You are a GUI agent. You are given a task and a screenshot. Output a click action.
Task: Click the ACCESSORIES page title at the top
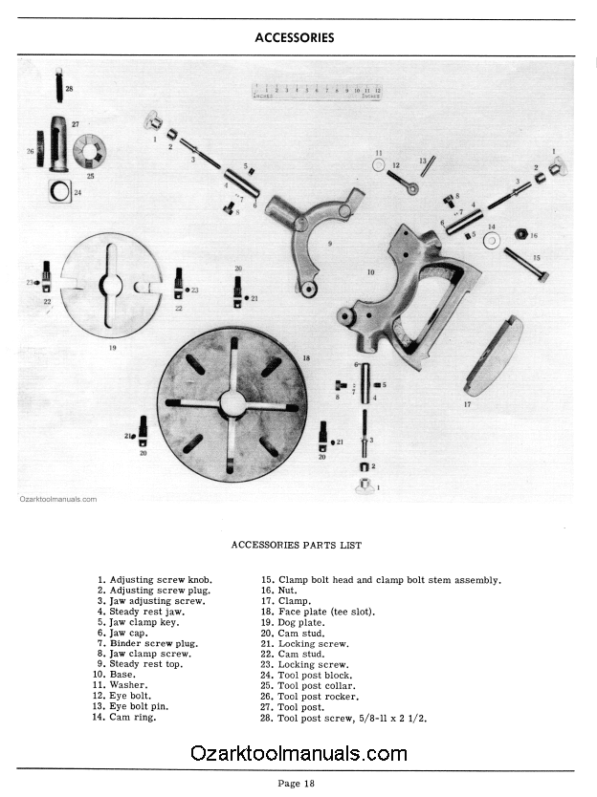point(295,38)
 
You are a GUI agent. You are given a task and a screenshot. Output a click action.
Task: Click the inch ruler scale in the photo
point(317,92)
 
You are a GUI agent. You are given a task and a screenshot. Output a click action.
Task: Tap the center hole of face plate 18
point(232,402)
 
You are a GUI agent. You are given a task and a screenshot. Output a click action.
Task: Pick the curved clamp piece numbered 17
point(494,355)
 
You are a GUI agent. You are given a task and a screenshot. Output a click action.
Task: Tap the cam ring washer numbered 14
point(492,240)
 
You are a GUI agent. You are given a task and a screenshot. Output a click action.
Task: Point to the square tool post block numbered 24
point(60,191)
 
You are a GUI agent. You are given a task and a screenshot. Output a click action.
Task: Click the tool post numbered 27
point(59,143)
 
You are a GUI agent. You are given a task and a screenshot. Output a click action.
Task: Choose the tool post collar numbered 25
point(90,150)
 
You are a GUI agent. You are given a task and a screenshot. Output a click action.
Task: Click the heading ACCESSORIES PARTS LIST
point(296,545)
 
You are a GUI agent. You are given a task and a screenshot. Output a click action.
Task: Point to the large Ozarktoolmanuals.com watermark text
point(298,753)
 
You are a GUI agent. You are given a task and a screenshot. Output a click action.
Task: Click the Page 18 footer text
point(296,783)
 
